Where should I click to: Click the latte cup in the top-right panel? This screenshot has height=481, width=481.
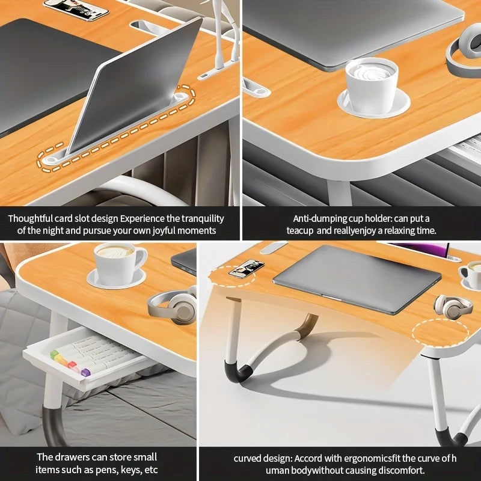pos(371,78)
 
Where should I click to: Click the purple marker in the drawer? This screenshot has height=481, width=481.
pos(85,372)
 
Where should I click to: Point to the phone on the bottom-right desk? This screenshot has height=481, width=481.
pos(247,268)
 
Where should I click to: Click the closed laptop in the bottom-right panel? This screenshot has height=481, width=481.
pos(357,278)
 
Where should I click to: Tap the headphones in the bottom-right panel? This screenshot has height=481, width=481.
pos(453,306)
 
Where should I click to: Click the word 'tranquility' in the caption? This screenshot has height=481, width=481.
pos(200,219)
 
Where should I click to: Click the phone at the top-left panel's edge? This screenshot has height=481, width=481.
pos(76,8)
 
